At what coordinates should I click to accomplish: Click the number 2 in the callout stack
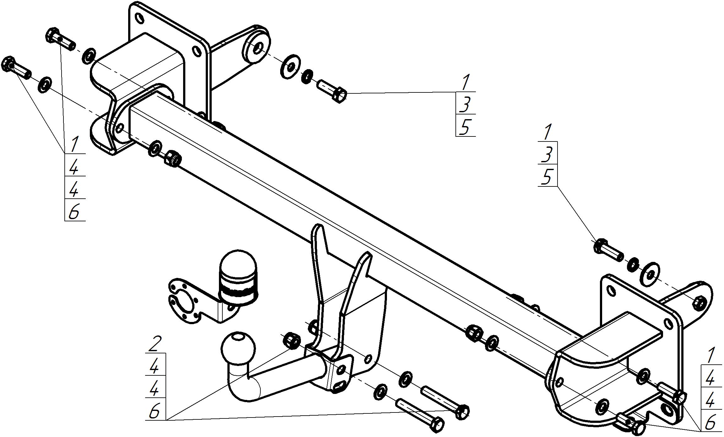155,344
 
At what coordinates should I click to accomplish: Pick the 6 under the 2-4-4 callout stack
155,411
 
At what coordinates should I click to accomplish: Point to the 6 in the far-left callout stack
74,212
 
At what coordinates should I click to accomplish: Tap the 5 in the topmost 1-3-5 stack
465,127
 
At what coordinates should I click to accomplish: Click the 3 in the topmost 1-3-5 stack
465,105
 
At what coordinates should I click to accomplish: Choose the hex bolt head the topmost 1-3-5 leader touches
340,94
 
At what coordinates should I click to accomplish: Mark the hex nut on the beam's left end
172,158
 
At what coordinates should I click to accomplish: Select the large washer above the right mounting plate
649,274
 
